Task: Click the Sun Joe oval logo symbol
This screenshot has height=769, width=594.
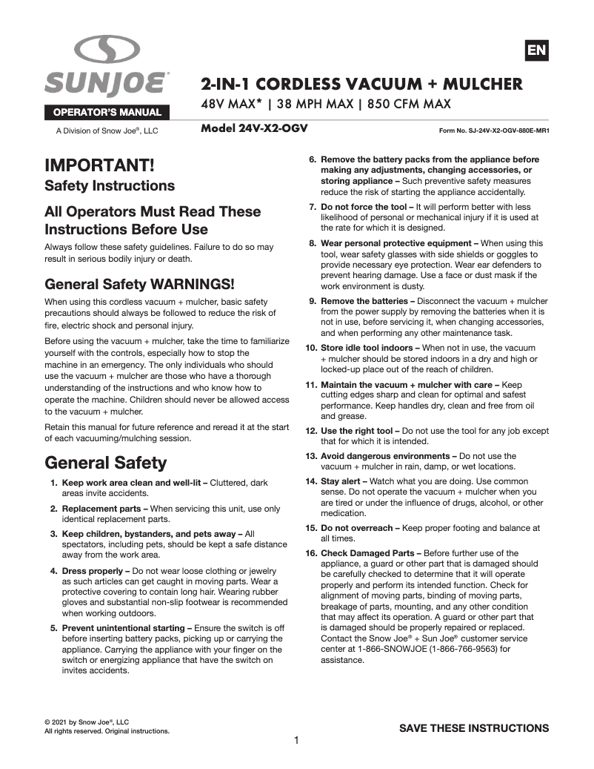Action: pyautogui.click(x=107, y=51)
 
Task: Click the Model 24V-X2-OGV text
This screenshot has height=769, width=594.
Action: pyautogui.click(x=254, y=128)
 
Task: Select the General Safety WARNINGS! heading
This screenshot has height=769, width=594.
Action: pyautogui.click(x=139, y=284)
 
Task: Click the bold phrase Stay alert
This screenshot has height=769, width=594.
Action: pyautogui.click(x=343, y=481)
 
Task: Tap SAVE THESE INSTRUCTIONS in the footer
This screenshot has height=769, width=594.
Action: pyautogui.click(x=474, y=728)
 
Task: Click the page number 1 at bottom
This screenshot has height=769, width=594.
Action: pyautogui.click(x=296, y=740)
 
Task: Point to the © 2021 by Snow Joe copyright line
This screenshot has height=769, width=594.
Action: pyautogui.click(x=87, y=722)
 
